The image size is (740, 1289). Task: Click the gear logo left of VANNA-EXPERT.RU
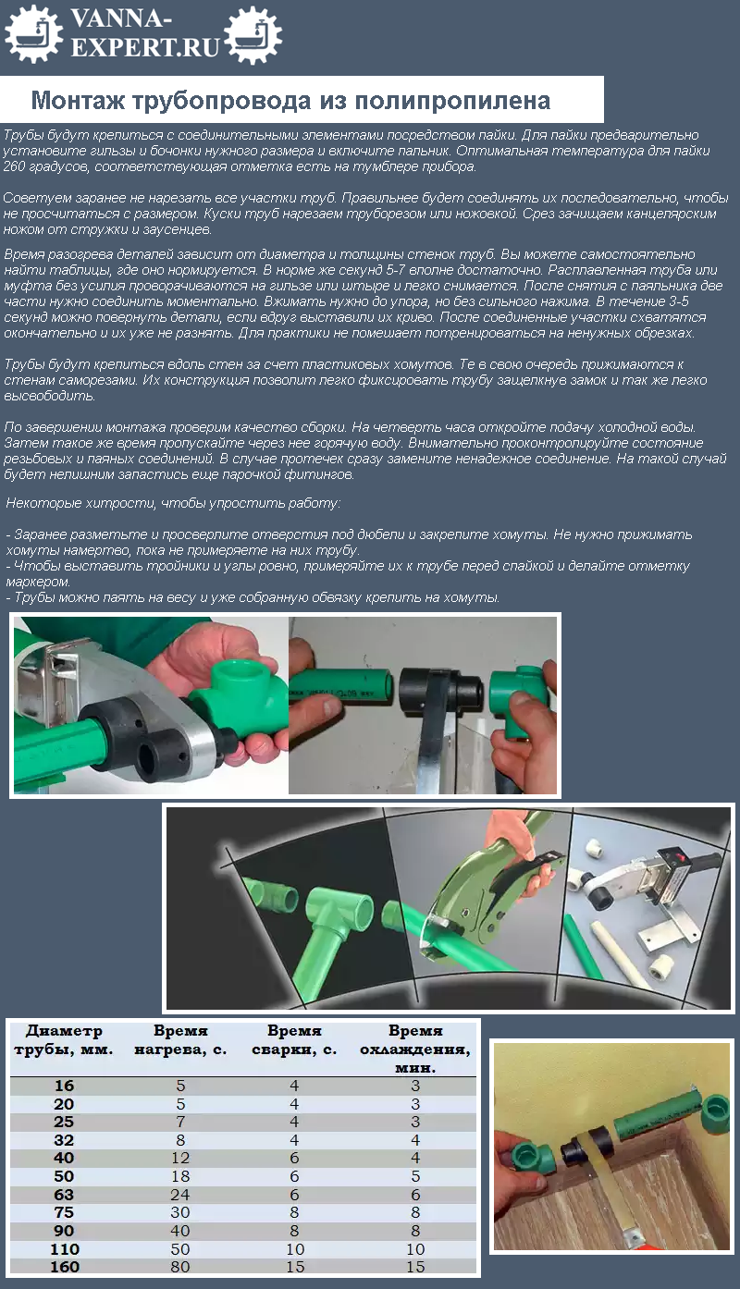pos(33,33)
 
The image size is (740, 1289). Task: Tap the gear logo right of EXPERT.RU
pos(253,34)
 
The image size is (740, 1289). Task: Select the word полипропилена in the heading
pos(452,100)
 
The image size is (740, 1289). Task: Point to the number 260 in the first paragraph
pos(16,166)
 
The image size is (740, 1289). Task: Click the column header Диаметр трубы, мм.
pos(63,1040)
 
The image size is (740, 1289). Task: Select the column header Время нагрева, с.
pos(180,1040)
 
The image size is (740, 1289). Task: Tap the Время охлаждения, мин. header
pos(415,1049)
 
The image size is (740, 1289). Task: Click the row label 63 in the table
pos(64,1195)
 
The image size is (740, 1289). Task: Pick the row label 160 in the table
pos(64,1267)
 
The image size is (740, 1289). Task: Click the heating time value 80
pos(180,1267)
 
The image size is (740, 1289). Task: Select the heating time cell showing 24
pos(180,1195)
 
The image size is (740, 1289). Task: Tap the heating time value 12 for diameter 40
pos(180,1159)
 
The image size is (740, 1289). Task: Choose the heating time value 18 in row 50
pos(180,1176)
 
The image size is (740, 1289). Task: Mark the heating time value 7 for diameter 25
pos(180,1122)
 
